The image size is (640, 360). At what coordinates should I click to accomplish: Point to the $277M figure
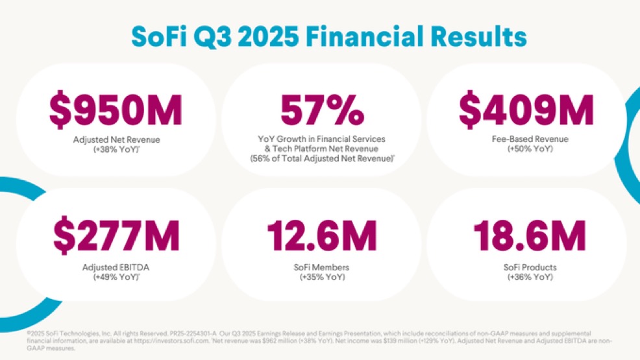pyautogui.click(x=116, y=237)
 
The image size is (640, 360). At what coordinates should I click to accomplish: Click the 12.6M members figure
pyautogui.click(x=322, y=237)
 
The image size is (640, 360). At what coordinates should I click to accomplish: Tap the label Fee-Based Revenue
pyautogui.click(x=526, y=139)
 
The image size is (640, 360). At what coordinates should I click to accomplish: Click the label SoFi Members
pyautogui.click(x=322, y=267)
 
